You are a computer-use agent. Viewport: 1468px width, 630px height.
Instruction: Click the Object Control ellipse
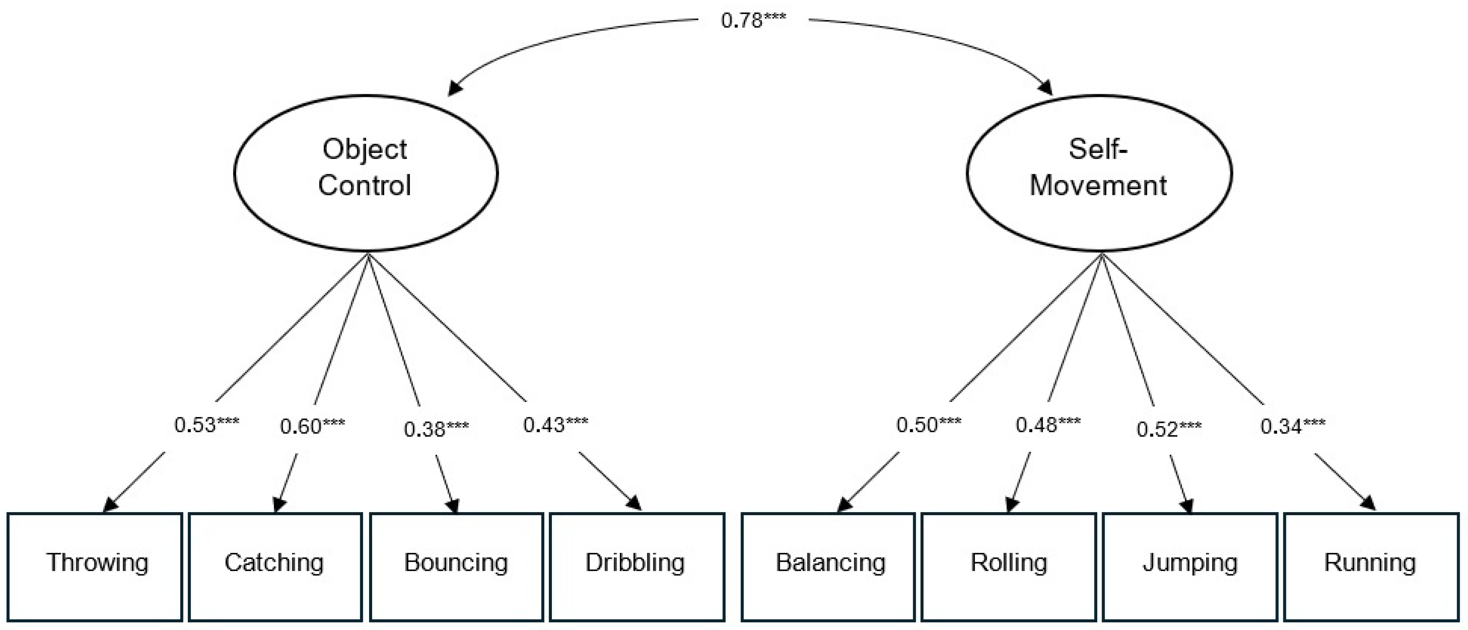[365, 173]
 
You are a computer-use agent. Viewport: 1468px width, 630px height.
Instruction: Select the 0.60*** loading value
[312, 427]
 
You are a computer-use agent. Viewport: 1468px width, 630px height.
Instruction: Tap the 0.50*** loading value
[928, 425]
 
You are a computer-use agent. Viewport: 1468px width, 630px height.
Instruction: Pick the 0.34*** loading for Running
[1292, 427]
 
